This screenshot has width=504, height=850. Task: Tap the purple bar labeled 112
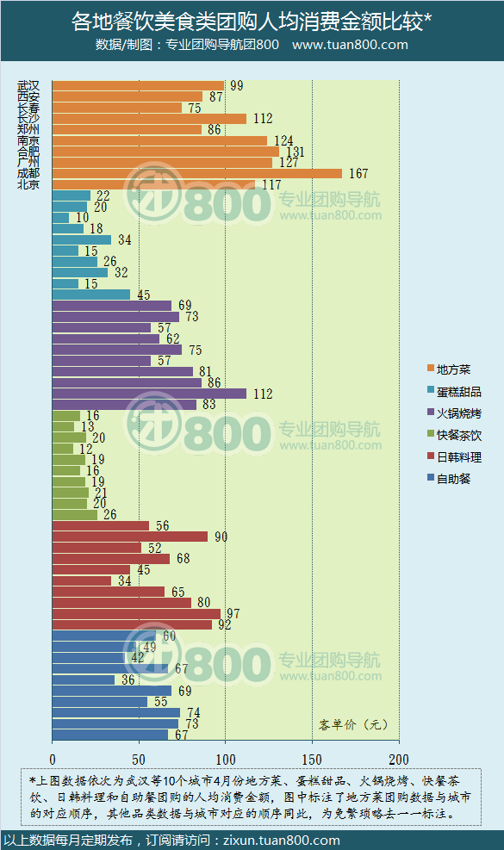(x=148, y=394)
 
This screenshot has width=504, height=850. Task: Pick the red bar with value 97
(x=135, y=614)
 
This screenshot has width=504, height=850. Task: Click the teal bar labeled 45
(x=90, y=295)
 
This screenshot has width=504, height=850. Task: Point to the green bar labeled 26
(x=74, y=515)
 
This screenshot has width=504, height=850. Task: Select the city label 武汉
(x=28, y=86)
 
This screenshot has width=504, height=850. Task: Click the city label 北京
(x=28, y=184)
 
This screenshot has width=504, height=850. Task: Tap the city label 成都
(x=28, y=173)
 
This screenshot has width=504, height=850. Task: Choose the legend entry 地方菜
(x=452, y=369)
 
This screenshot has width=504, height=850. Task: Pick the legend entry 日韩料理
(x=458, y=457)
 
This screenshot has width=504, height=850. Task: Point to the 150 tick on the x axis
(x=312, y=760)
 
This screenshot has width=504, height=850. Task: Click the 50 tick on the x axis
(x=139, y=760)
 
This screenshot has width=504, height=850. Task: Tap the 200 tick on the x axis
(x=399, y=760)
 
